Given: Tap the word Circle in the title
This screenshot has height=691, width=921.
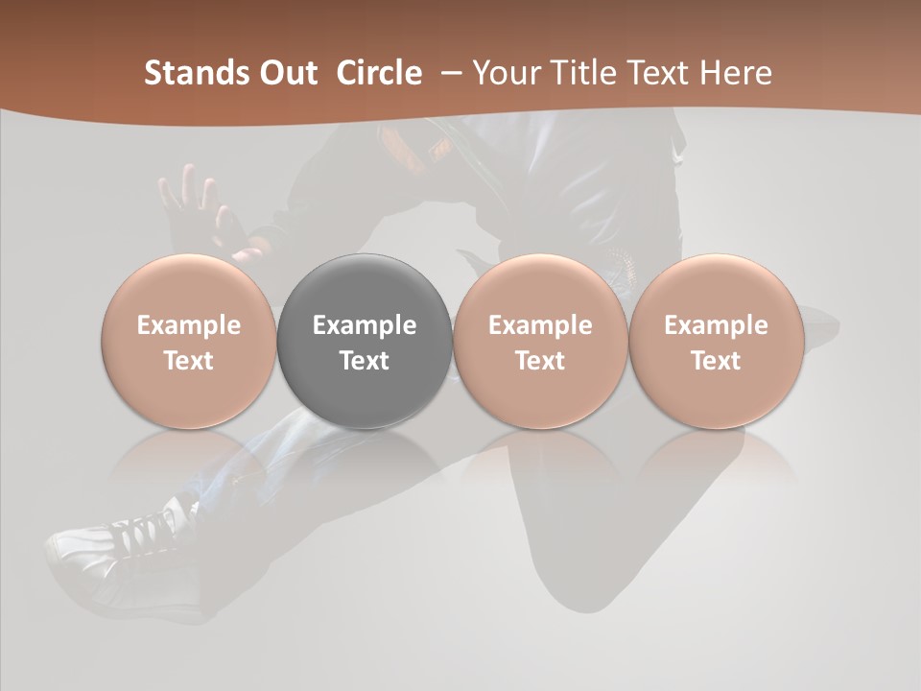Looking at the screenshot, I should tap(379, 73).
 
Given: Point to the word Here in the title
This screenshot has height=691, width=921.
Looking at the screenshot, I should tap(736, 73).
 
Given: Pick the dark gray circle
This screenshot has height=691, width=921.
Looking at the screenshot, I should tap(365, 341).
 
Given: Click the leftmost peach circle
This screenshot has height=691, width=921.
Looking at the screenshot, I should tap(189, 341).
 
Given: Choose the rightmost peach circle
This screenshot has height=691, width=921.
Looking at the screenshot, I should tap(716, 341).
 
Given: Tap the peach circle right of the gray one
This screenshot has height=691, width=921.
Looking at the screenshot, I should tap(540, 341).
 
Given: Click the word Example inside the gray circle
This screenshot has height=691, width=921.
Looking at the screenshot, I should tap(365, 325).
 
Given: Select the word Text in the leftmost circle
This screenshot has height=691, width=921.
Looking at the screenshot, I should tap(189, 361).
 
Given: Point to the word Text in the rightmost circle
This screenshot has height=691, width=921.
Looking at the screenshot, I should tap(716, 361).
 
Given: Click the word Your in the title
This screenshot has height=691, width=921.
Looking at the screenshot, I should tap(506, 73).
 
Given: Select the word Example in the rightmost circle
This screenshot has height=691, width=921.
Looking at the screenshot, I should tap(716, 325).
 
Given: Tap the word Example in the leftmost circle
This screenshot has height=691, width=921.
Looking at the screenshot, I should tap(189, 325).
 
